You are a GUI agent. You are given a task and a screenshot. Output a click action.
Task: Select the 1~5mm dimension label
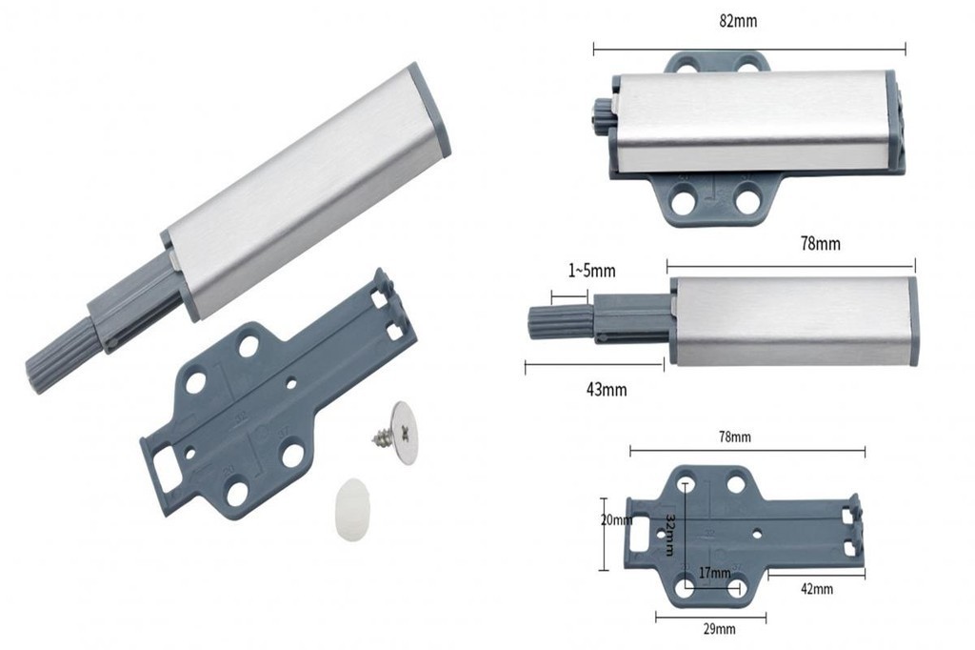pyautogui.click(x=592, y=272)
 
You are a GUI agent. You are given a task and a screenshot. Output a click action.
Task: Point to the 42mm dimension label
pyautogui.click(x=816, y=589)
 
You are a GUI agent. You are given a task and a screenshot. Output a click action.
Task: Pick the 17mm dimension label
pyautogui.click(x=714, y=573)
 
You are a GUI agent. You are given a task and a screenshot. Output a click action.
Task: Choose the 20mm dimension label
pyautogui.click(x=616, y=520)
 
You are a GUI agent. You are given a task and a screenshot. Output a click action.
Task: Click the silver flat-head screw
pyautogui.click(x=400, y=433)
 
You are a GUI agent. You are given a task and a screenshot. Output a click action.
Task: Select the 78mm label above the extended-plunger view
pyautogui.click(x=820, y=244)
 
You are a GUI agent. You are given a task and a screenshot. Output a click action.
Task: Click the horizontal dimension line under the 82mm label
pyautogui.click(x=748, y=48)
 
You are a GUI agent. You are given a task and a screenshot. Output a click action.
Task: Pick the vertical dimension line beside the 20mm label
pyautogui.click(x=603, y=534)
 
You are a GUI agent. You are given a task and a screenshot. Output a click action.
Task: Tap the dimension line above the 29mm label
pyautogui.click(x=710, y=618)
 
